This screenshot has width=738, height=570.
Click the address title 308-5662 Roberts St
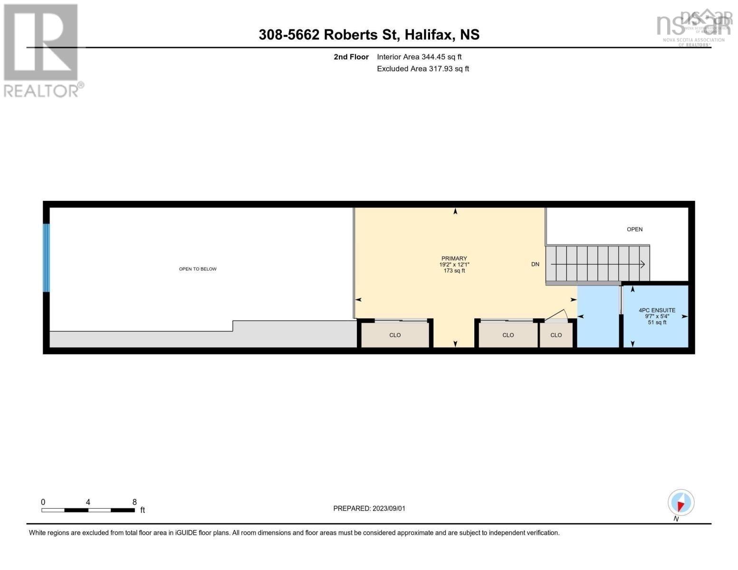click(369, 35)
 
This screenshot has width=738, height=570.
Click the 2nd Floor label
click(351, 57)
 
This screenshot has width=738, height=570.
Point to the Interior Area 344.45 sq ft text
click(419, 57)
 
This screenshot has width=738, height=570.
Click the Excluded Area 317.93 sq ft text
click(423, 69)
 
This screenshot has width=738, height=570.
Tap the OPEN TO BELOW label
click(198, 269)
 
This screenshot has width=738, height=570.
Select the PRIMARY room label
click(454, 258)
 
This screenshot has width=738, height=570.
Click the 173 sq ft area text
click(454, 271)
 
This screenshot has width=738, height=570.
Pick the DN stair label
click(535, 264)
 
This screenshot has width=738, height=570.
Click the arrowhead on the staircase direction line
click(642, 264)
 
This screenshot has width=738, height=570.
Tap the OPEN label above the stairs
click(634, 229)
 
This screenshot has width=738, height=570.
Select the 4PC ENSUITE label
click(657, 310)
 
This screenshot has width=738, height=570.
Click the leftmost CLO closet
click(395, 335)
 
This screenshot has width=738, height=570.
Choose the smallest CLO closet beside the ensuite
click(556, 335)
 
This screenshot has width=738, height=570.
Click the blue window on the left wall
click(46, 257)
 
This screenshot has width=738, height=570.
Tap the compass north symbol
click(680, 503)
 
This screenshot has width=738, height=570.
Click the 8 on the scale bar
click(134, 502)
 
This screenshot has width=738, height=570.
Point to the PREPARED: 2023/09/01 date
click(369, 508)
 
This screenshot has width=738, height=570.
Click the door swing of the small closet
click(557, 316)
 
